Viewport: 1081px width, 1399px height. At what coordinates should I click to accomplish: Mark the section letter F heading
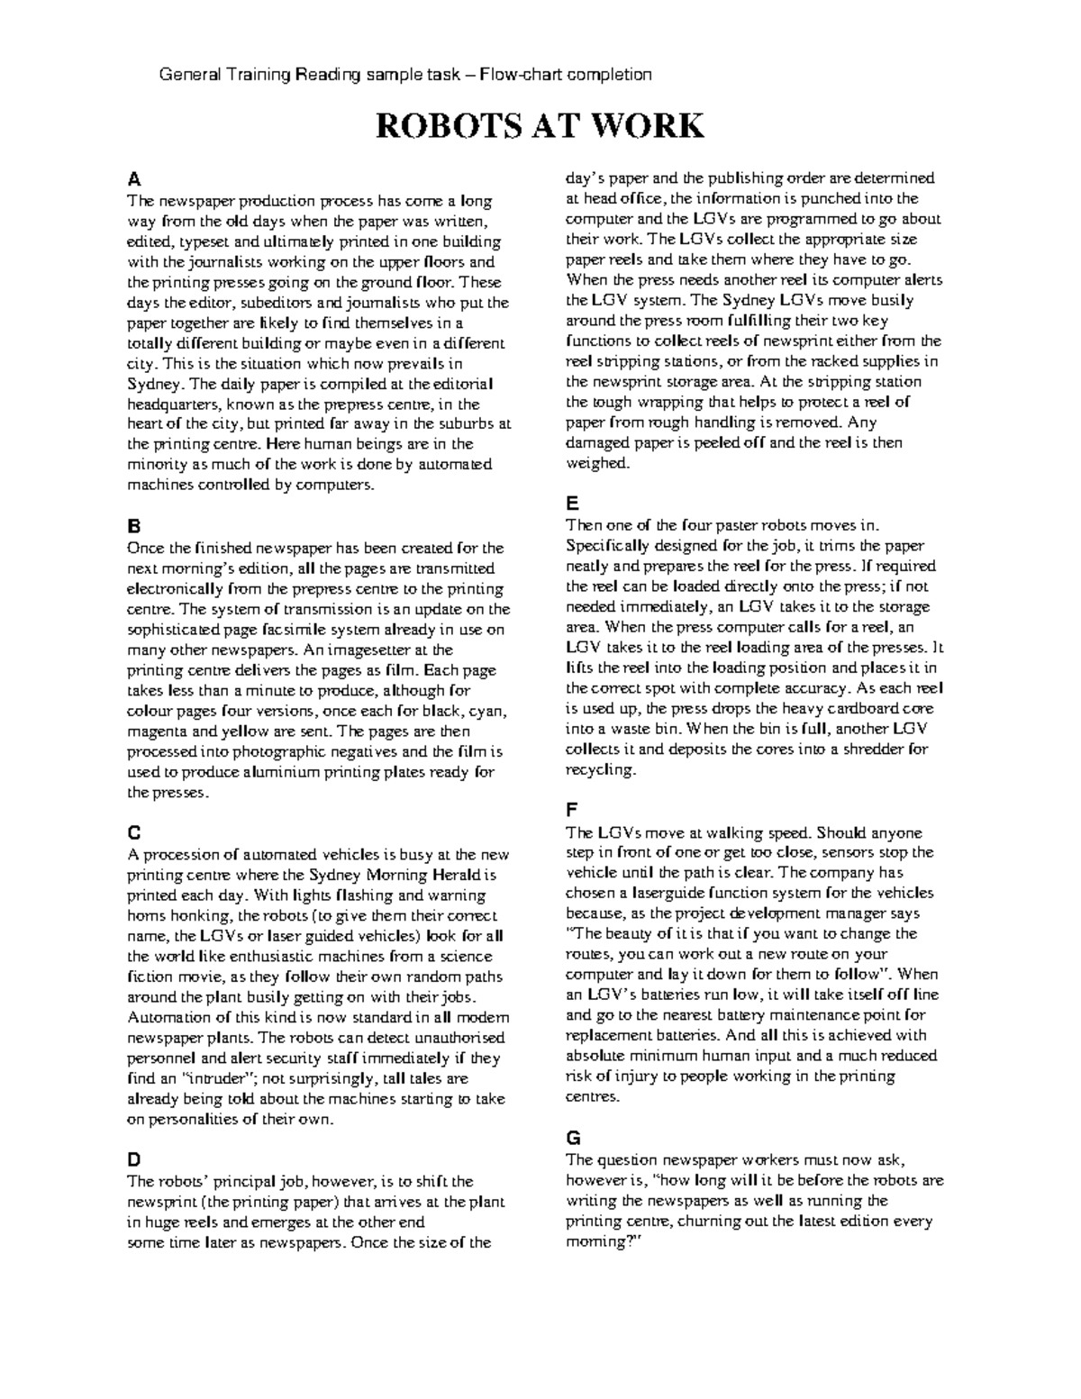571,810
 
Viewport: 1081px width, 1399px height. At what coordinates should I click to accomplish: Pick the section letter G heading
572,1137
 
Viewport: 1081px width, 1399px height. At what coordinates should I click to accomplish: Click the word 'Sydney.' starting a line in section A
149,384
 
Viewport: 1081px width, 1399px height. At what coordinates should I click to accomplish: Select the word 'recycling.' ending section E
600,770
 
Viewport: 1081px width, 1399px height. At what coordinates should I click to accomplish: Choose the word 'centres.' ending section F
592,1097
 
